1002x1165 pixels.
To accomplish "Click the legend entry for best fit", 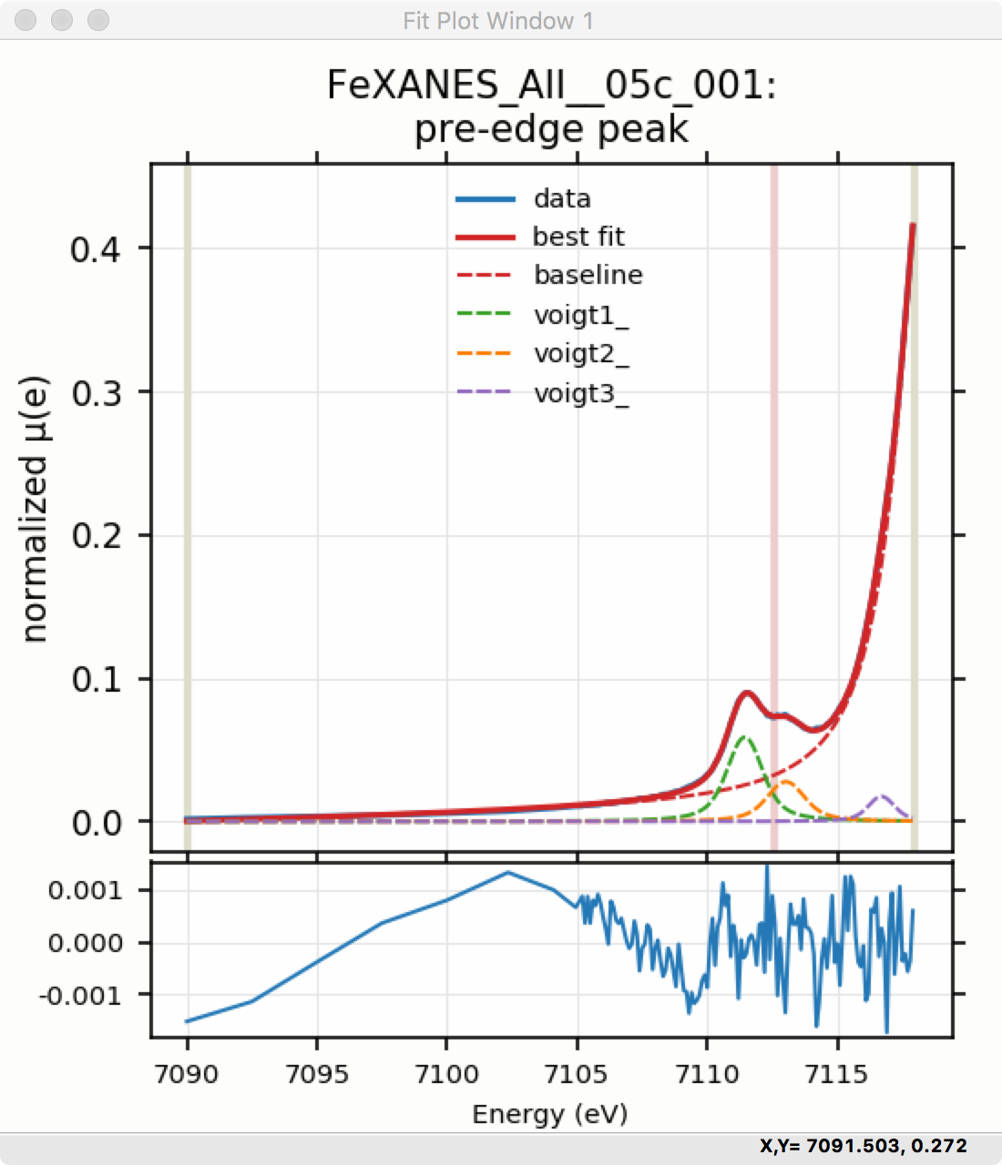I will coord(578,237).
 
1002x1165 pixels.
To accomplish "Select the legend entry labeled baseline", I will coord(588,275).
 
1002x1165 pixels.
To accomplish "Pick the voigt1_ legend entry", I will coord(580,315).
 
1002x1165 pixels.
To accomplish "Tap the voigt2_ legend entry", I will coord(580,354).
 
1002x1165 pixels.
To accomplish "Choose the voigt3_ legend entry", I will coord(580,394).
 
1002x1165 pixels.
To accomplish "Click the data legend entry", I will coord(561,198).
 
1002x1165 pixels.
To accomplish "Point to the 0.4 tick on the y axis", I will coord(96,248).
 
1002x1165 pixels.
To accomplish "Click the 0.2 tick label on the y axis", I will coord(96,536).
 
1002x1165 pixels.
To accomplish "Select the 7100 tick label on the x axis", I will coord(446,1074).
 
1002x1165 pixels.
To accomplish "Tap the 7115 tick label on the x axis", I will coord(836,1074).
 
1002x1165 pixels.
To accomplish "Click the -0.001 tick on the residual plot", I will coord(80,996).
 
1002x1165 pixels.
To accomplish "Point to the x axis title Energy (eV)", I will coord(550,1114).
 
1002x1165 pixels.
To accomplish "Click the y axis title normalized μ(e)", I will coord(35,510).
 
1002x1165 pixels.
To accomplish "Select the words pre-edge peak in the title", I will coord(551,128).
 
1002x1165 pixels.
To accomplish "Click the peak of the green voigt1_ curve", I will coord(744,737).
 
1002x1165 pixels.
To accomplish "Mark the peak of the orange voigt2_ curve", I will coord(785,781).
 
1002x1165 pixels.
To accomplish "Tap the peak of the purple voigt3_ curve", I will coord(881,796).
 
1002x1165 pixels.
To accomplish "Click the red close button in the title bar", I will coord(26,20).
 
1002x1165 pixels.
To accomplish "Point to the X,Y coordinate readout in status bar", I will coord(863,1146).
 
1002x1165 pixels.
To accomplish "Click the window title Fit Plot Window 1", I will coord(498,20).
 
